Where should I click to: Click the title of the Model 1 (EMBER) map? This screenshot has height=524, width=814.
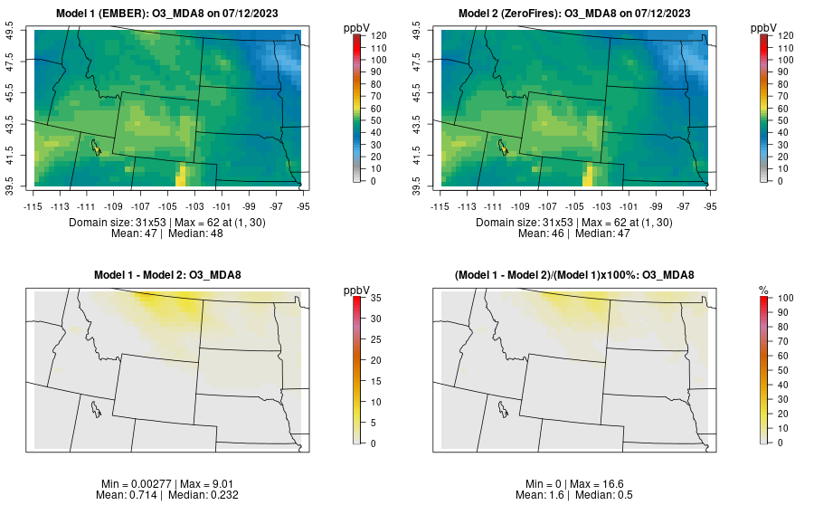171,13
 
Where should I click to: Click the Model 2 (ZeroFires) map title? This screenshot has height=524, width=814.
578,13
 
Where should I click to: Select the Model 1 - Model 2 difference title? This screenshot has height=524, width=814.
171,275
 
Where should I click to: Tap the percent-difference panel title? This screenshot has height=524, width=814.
578,275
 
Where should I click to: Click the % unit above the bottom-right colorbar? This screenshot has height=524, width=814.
764,290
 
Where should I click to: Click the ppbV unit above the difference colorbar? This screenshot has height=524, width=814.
357,290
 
